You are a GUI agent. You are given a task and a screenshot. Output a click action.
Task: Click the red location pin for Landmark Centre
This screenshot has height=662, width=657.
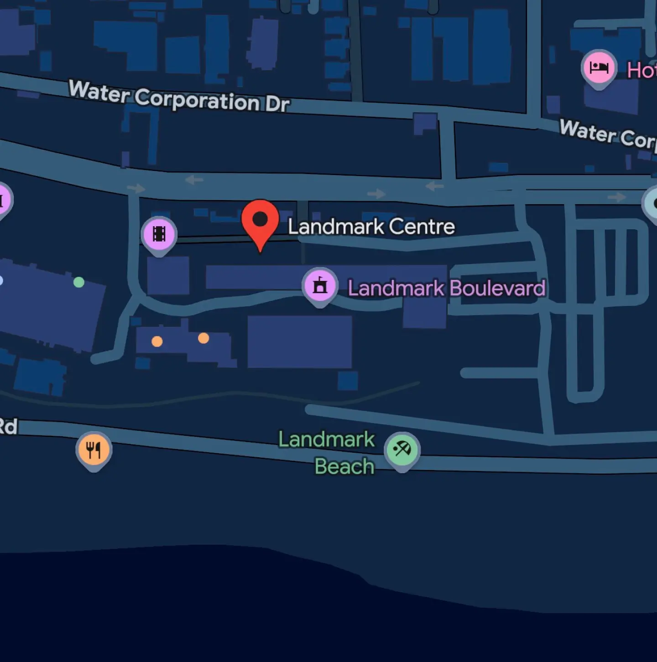point(260,221)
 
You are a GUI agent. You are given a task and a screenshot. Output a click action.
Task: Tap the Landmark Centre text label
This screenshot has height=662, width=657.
point(371,227)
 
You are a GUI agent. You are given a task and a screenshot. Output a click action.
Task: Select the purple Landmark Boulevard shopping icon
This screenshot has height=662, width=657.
point(320,285)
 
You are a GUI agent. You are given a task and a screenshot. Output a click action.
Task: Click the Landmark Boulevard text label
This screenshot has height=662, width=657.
point(446,288)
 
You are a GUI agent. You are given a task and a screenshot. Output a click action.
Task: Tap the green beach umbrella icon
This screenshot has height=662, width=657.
point(402,450)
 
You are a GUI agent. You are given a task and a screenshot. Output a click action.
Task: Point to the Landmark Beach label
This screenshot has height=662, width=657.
point(327,453)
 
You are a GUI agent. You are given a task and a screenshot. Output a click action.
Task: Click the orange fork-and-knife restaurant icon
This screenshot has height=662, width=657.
point(94,450)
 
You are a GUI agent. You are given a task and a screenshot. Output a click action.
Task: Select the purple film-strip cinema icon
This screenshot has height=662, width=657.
point(159,234)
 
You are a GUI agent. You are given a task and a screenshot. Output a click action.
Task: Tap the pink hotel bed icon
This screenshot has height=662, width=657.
point(599,67)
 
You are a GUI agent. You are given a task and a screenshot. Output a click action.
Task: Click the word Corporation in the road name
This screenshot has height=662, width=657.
point(197,99)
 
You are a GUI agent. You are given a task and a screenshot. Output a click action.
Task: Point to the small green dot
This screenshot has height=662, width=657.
point(79,282)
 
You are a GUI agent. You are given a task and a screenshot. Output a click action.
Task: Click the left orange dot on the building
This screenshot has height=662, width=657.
point(157,341)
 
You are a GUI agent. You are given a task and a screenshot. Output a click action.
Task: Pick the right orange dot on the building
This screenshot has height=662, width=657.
point(203,338)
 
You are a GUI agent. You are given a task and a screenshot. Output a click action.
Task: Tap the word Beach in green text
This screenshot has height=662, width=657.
point(344,466)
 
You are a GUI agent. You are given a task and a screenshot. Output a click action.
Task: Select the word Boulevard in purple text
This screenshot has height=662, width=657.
point(497,288)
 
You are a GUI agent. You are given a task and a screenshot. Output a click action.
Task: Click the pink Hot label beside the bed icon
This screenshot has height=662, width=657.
point(641,71)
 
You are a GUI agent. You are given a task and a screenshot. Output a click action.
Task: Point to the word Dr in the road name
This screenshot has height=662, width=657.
point(277,104)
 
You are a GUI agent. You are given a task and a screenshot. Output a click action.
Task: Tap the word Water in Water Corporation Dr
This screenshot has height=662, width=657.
point(99,91)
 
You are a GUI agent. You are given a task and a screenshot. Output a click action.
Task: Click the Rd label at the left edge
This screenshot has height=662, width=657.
point(8,426)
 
